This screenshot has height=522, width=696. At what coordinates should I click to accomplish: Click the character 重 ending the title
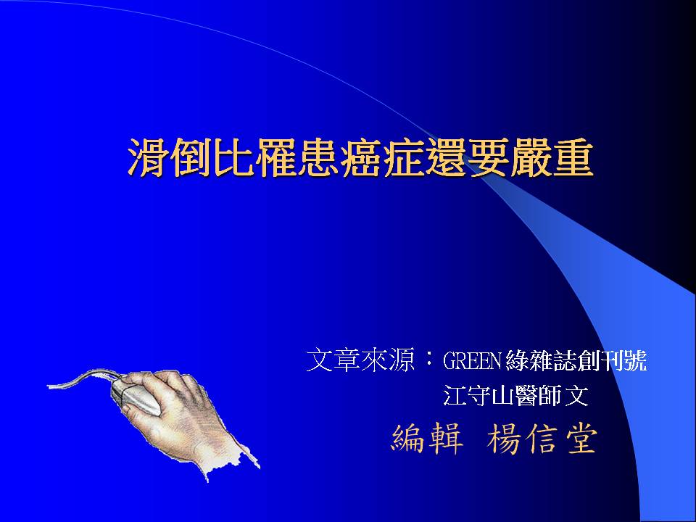click(573, 157)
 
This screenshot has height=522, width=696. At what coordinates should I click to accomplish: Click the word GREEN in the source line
click(472, 361)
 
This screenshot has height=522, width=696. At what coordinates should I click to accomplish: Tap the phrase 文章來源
click(360, 360)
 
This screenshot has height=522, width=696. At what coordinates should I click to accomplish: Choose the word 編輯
click(427, 439)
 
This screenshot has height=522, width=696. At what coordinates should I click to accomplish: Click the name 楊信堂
click(542, 439)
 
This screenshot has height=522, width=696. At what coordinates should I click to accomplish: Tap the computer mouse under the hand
click(136, 396)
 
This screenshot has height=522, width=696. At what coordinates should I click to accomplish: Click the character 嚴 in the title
click(531, 157)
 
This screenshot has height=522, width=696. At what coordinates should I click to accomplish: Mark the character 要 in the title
click(489, 157)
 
